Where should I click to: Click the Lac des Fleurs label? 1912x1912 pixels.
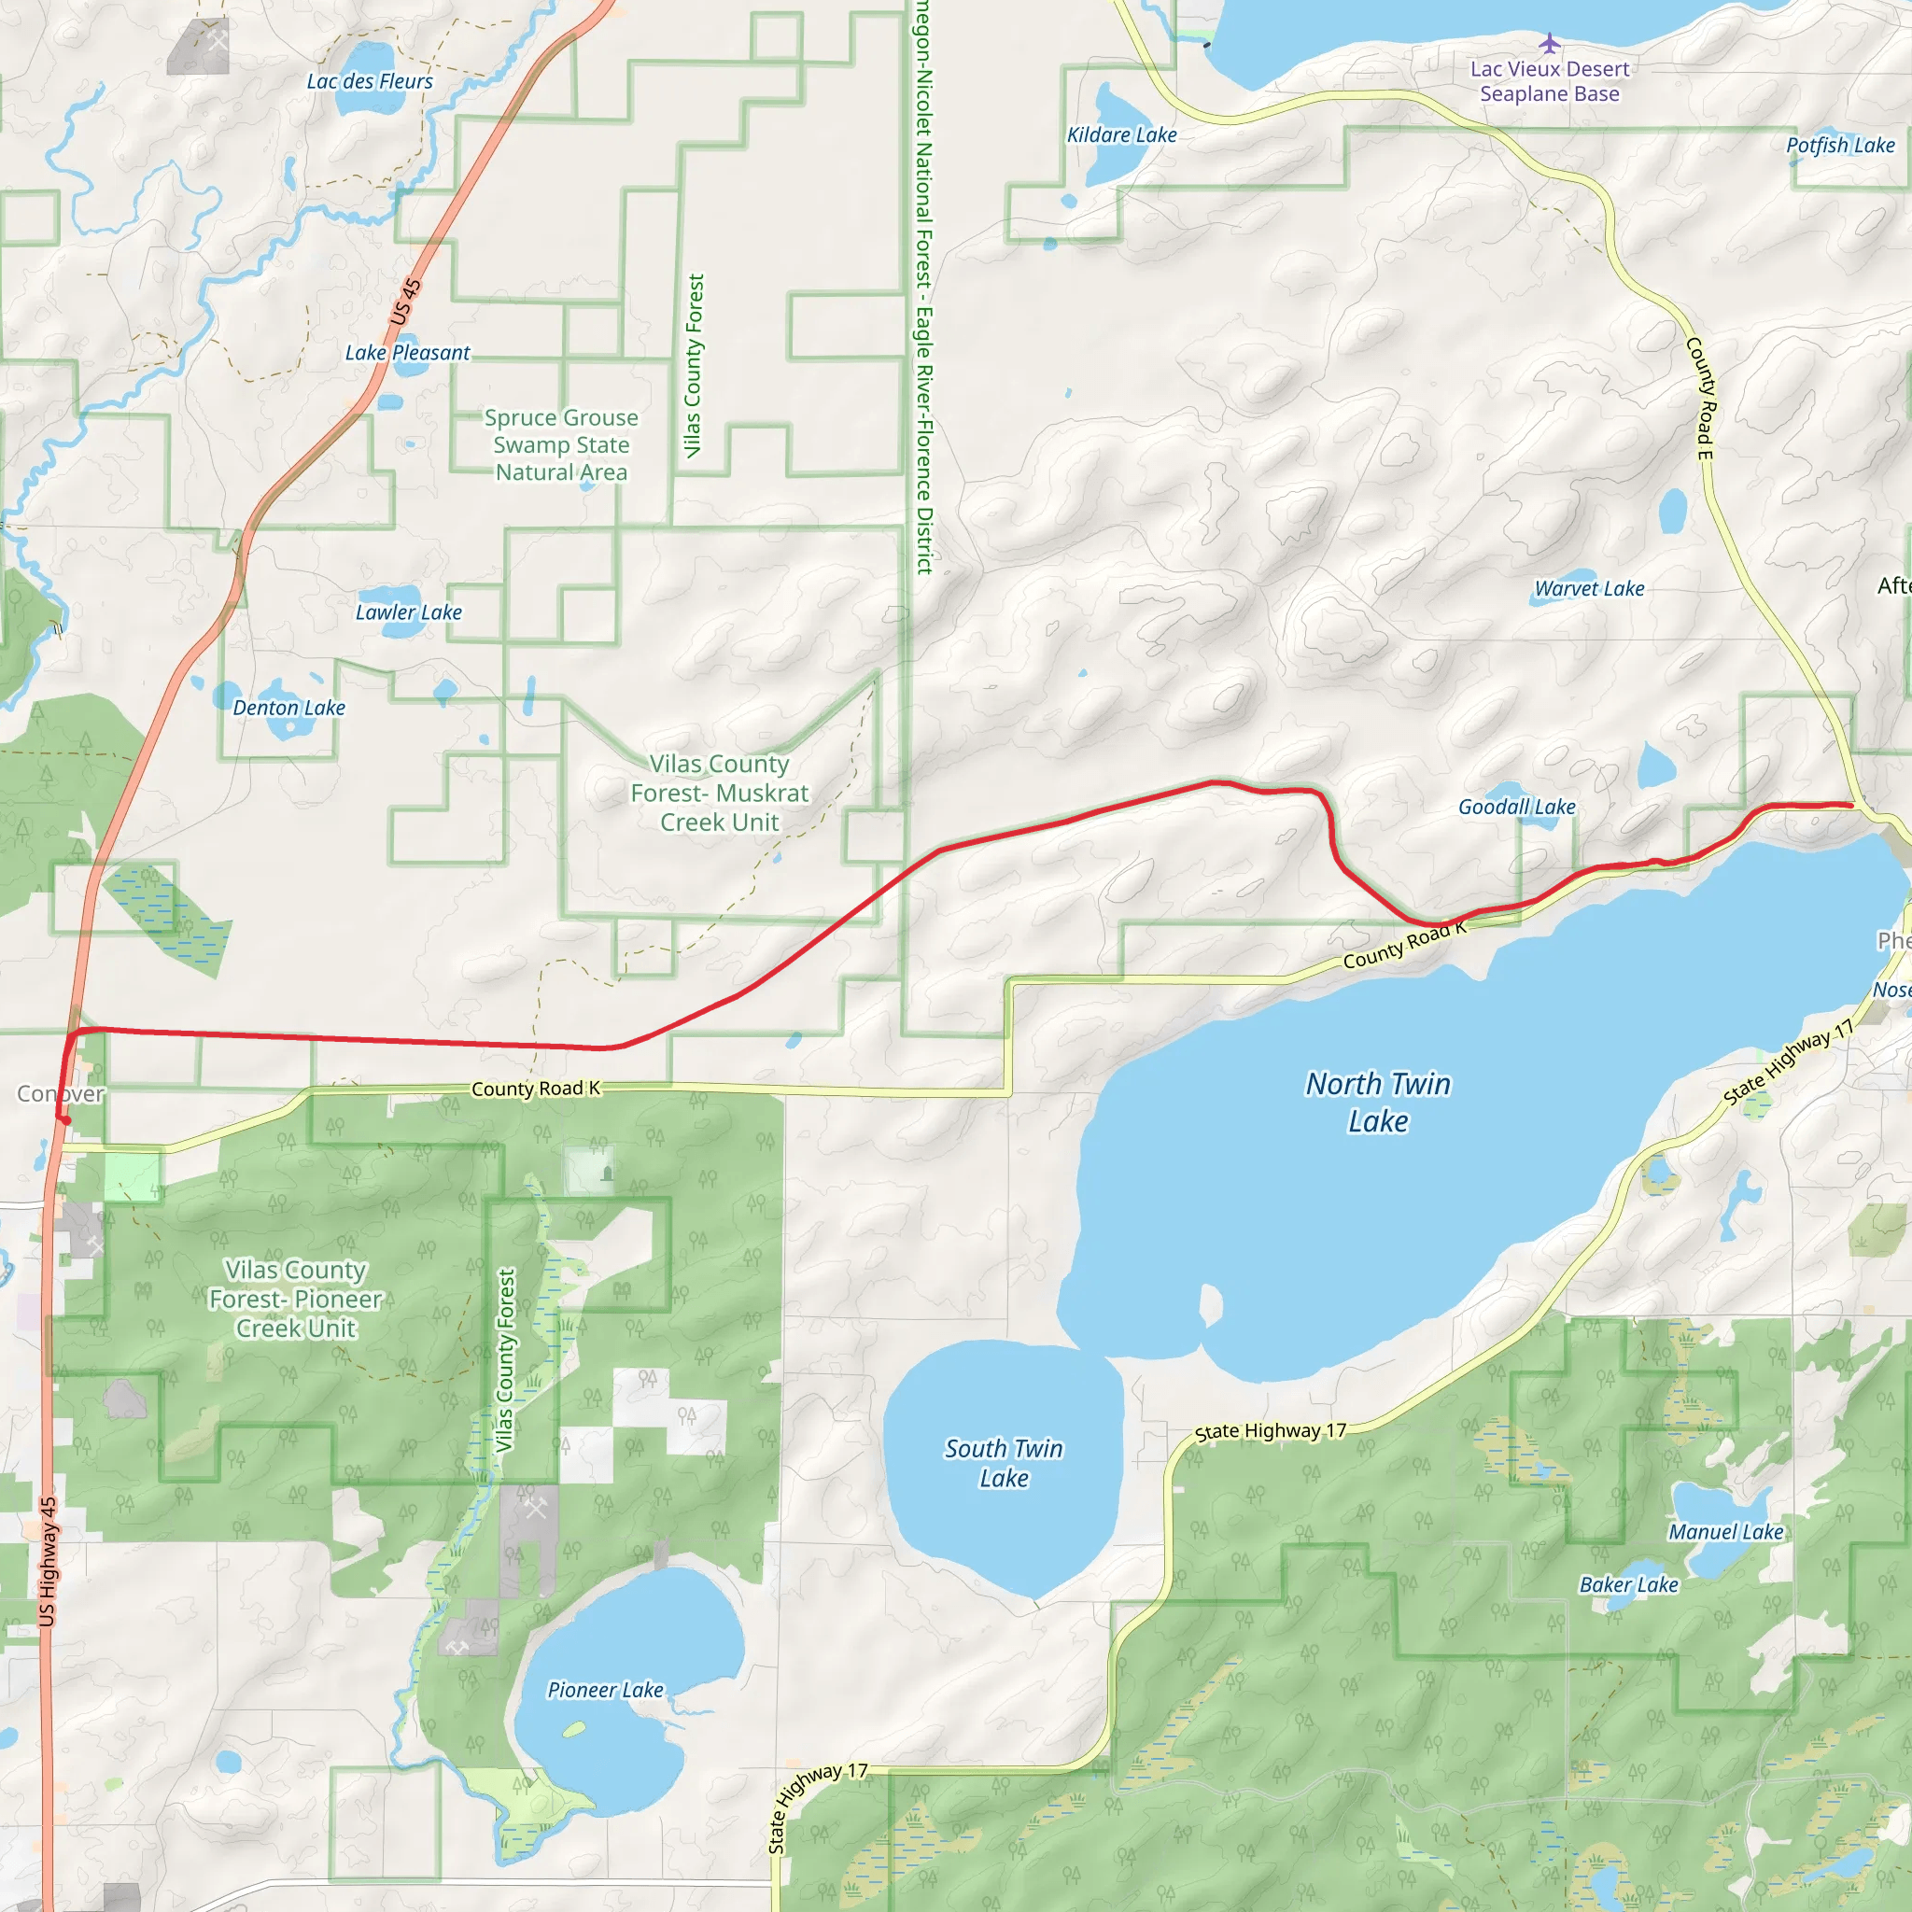point(369,81)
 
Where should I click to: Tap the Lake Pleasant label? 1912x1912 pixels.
point(407,352)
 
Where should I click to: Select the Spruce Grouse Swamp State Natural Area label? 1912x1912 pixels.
point(561,444)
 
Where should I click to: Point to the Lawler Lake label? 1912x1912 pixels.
point(408,612)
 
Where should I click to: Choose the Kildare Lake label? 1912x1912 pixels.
point(1121,134)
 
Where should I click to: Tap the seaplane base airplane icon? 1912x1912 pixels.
point(1549,44)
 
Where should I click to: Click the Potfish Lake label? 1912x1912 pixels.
point(1840,146)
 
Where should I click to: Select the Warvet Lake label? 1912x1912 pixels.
point(1589,589)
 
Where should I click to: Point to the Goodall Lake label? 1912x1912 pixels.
point(1516,808)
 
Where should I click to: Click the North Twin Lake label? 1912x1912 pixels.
point(1378,1103)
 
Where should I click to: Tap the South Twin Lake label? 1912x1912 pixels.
point(1004,1463)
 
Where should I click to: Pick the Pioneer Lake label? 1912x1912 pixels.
point(605,1691)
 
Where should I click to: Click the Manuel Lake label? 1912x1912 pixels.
point(1726,1532)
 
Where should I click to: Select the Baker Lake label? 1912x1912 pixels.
point(1628,1584)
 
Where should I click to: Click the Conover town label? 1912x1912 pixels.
point(61,1093)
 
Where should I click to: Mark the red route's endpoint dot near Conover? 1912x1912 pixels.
point(65,1120)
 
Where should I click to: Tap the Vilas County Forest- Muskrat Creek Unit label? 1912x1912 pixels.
point(720,793)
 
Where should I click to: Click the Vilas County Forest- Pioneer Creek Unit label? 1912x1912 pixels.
point(295,1299)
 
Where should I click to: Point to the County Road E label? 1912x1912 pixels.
point(1699,398)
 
